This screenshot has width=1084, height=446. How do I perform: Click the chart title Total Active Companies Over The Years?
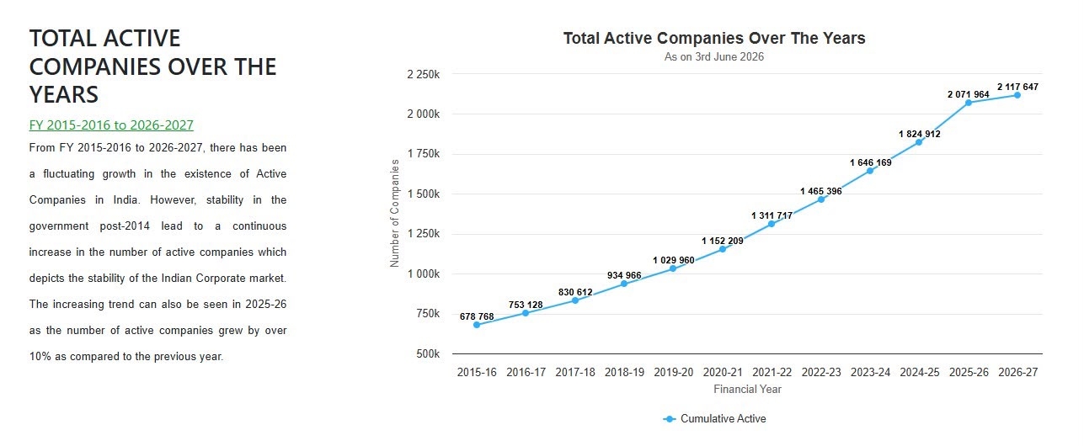pos(713,38)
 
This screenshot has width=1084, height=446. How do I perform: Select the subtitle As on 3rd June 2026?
pos(713,56)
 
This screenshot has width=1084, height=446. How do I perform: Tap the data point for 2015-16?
pos(477,325)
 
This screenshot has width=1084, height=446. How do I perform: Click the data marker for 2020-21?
pos(723,249)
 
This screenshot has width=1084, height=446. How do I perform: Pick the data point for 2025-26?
pos(969,103)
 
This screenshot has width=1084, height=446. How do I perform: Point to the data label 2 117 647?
pos(1017,87)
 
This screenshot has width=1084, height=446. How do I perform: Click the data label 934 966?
pos(624,275)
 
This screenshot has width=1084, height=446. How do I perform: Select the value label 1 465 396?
pos(820,191)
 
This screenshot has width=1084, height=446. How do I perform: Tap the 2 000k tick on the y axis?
pos(424,114)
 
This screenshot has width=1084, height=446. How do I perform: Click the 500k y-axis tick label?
pos(428,354)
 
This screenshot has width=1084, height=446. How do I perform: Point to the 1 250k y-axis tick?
pos(424,234)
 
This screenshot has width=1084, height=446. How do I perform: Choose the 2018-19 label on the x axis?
pos(624,372)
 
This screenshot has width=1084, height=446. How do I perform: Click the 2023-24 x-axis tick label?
pos(870,372)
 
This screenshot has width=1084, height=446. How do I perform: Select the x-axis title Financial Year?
pos(747,389)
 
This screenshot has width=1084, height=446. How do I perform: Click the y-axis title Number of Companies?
pos(395,213)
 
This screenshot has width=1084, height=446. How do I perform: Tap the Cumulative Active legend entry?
pos(714,418)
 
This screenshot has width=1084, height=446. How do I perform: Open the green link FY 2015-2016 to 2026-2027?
pos(111,125)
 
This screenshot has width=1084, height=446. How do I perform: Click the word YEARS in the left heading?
pos(64,94)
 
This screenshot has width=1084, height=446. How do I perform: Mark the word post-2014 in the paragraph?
pos(125,226)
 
